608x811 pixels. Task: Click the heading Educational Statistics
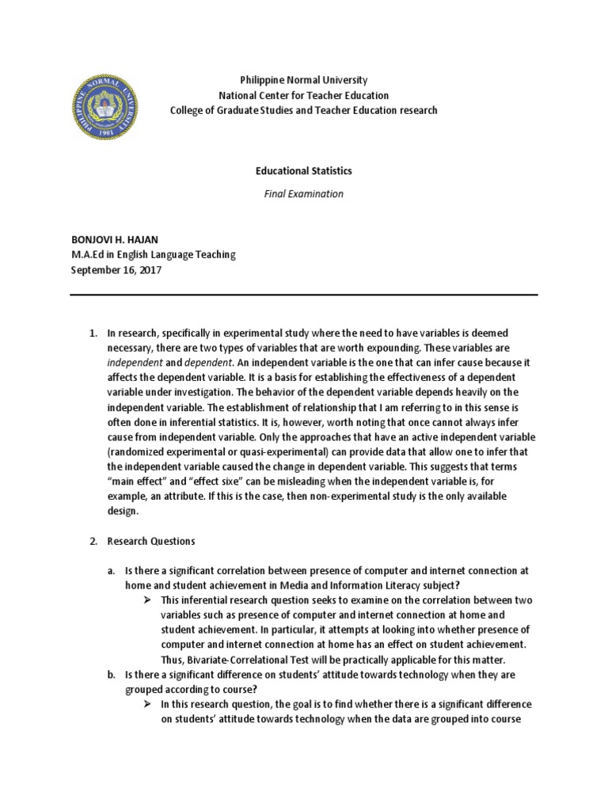(x=304, y=171)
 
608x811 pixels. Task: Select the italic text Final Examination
(x=304, y=193)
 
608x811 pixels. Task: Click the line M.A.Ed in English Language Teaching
(x=153, y=254)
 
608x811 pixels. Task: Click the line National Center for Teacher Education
(x=304, y=96)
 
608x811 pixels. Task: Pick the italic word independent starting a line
(x=134, y=362)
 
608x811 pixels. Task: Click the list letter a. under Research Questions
(x=112, y=570)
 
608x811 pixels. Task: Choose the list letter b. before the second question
(x=112, y=674)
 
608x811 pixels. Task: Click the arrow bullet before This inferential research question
(x=147, y=600)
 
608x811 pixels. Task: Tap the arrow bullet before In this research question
(x=147, y=703)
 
